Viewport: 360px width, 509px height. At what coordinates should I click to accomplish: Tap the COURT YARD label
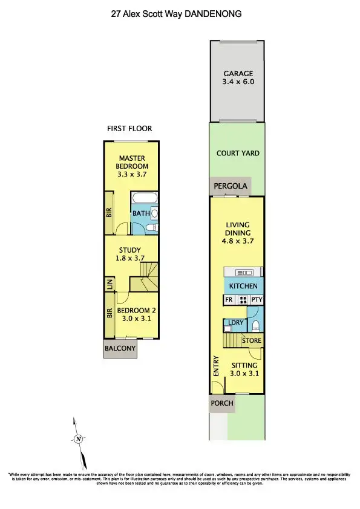point(238,153)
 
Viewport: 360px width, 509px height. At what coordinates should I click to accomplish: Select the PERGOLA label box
point(230,186)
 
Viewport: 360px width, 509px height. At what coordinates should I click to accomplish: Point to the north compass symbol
point(77,439)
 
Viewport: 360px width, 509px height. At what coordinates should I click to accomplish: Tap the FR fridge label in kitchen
point(229,299)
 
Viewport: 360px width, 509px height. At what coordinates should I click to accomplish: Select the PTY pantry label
point(257,299)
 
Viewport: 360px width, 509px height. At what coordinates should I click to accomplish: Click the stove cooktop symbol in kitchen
point(243,299)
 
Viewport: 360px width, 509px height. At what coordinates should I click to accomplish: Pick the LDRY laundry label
point(235,323)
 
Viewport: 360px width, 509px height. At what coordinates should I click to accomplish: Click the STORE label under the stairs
point(252,341)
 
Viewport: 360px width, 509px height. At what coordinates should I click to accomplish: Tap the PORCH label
point(221,403)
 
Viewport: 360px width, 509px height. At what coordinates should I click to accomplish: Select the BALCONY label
point(120,348)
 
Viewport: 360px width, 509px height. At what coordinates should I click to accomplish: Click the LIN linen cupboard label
point(110,284)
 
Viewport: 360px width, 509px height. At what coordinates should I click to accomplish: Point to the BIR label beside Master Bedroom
point(110,213)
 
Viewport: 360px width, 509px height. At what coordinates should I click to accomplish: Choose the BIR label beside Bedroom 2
point(110,313)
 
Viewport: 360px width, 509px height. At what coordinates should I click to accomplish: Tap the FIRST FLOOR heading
point(129,128)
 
